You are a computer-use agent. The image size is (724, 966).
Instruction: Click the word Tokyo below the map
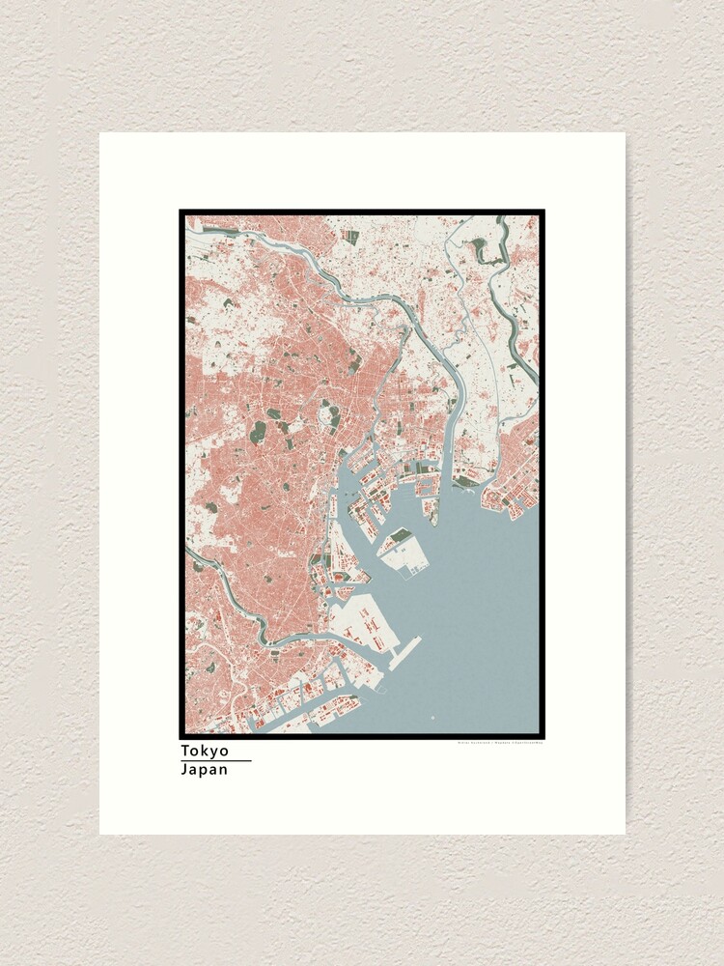tap(205, 751)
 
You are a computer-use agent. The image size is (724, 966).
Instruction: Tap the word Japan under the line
tap(205, 770)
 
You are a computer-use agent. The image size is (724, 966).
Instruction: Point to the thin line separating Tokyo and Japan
tap(215, 760)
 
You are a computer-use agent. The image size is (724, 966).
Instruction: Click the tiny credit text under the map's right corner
tap(498, 743)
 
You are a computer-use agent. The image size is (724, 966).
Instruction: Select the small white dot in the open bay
tap(432, 718)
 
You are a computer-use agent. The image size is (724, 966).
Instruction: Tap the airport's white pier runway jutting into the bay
tap(406, 652)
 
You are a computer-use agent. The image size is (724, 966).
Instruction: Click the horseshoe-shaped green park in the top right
tap(480, 249)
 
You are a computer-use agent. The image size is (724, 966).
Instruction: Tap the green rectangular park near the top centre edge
tap(352, 236)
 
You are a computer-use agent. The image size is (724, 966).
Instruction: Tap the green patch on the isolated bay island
tap(400, 535)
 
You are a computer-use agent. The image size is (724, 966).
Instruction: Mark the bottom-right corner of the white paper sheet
tap(624, 833)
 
